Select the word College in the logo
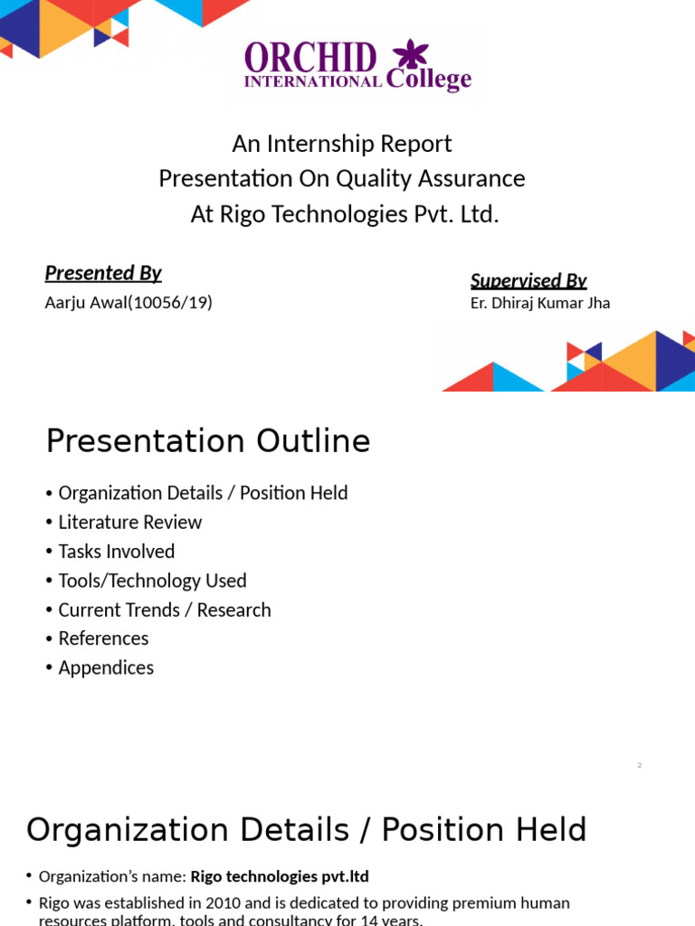pyautogui.click(x=429, y=80)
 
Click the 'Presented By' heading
pyautogui.click(x=103, y=273)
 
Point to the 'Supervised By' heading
pyautogui.click(x=528, y=280)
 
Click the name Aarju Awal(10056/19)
pyautogui.click(x=129, y=303)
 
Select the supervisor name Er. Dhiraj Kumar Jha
pyautogui.click(x=540, y=303)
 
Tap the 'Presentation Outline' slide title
pyautogui.click(x=208, y=441)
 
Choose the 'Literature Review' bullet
pyautogui.click(x=129, y=522)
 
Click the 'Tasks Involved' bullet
pyautogui.click(x=116, y=551)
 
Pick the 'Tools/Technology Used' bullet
pyautogui.click(x=152, y=581)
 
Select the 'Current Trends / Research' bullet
pyautogui.click(x=164, y=609)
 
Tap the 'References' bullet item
pyautogui.click(x=103, y=638)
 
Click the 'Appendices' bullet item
pyautogui.click(x=106, y=667)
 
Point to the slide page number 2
pyautogui.click(x=639, y=766)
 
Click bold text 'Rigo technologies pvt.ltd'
pyautogui.click(x=280, y=876)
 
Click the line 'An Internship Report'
pyautogui.click(x=342, y=144)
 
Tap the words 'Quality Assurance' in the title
pyautogui.click(x=431, y=179)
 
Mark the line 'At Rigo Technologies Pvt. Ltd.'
pyautogui.click(x=345, y=214)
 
